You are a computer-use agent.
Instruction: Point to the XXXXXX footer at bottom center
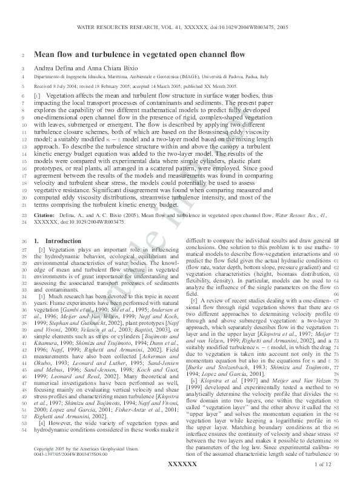click(182, 480)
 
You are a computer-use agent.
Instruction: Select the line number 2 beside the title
click(23, 55)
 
